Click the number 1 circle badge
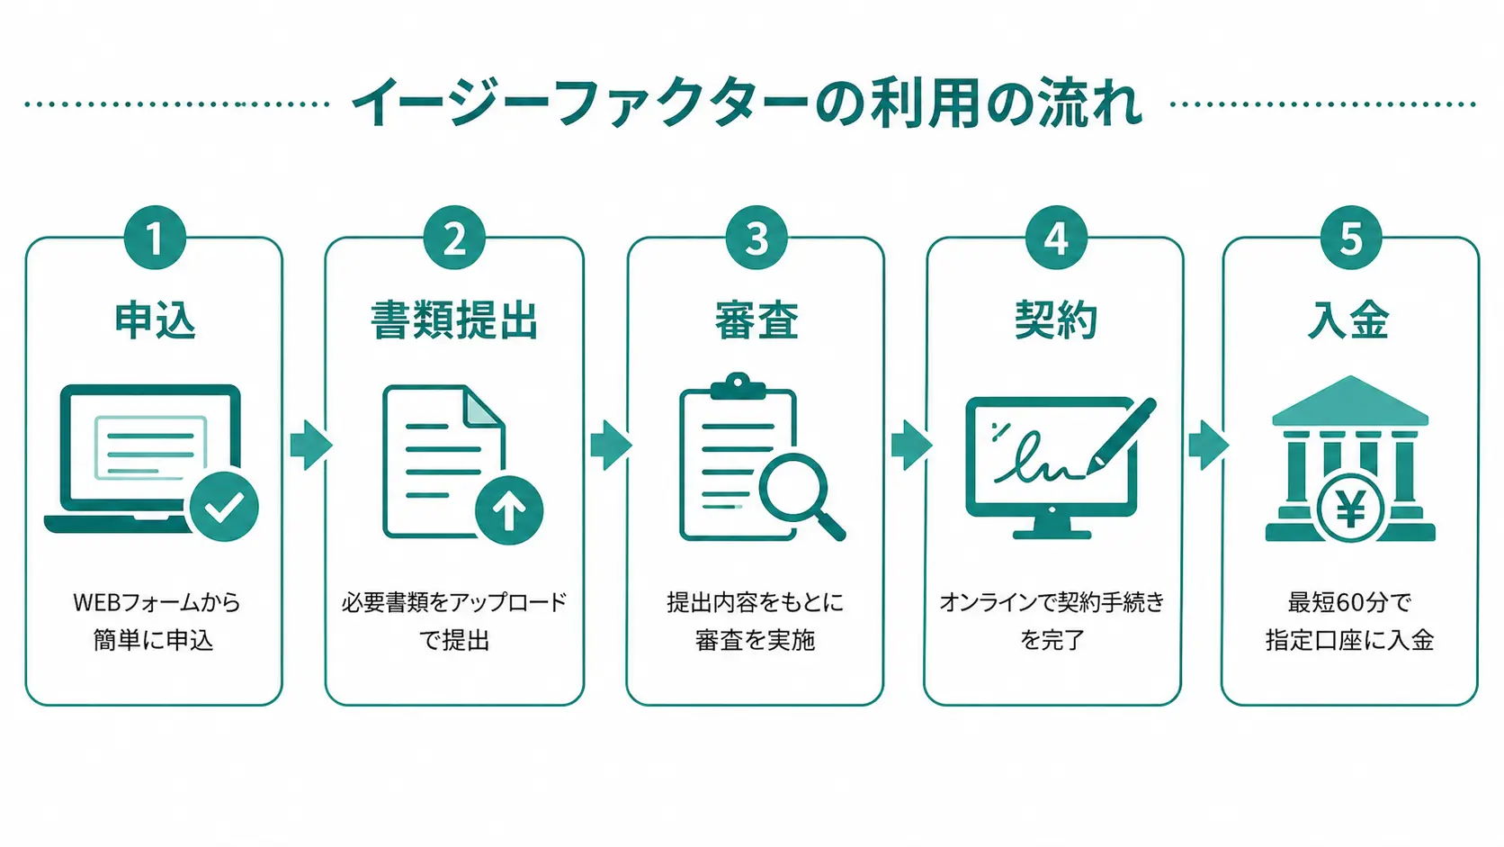coord(155,239)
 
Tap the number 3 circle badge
coord(756,239)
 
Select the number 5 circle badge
coord(1350,239)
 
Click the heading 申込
coord(155,320)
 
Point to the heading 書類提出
coord(454,320)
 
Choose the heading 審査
coord(756,320)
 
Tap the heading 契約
coord(1055,320)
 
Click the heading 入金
coord(1348,320)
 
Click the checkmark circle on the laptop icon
coord(224,507)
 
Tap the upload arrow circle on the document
coord(509,510)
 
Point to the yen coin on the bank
coord(1350,510)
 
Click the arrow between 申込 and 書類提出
coord(310,445)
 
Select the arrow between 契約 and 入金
coord(1208,445)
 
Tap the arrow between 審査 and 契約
coord(910,445)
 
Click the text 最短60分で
coord(1349,602)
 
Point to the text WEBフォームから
coord(157,602)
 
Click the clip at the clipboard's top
coord(738,386)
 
